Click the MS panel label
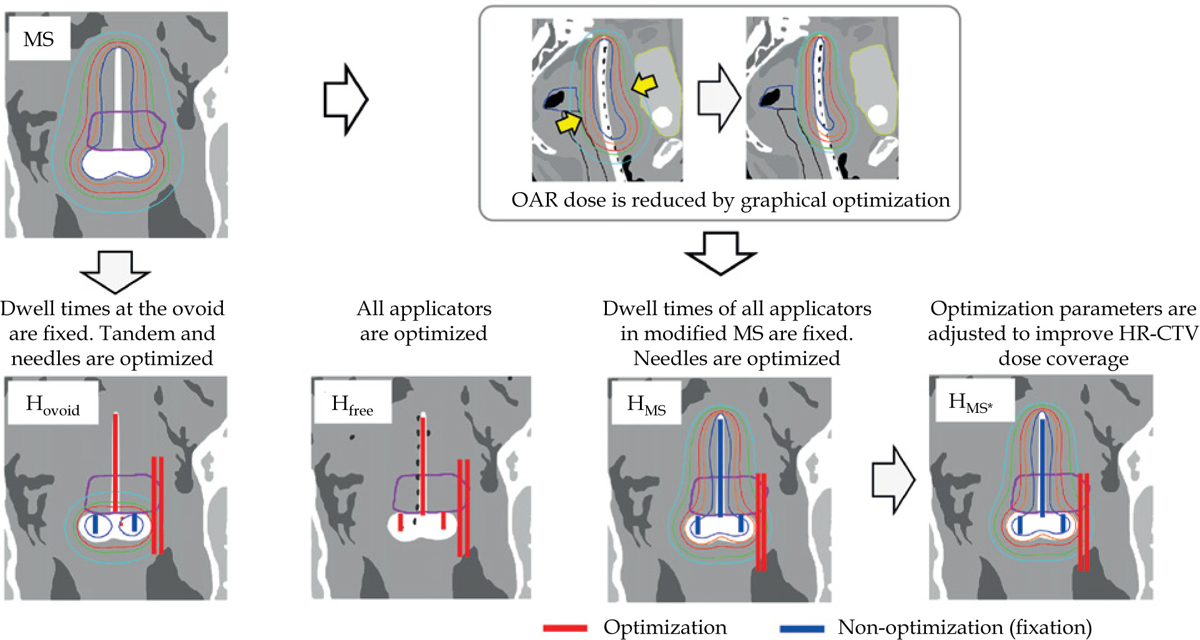coord(39,40)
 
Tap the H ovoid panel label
coord(53,405)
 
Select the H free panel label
coord(352,405)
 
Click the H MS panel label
coord(646,405)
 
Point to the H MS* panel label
coord(970,402)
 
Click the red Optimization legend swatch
coord(565,628)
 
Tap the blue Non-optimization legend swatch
coord(802,628)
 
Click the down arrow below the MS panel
coord(116,271)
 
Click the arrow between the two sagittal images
coord(719,98)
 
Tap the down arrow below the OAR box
coord(721,253)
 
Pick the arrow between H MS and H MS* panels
coord(893,480)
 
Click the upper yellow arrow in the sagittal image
coord(644,85)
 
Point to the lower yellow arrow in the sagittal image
coord(568,123)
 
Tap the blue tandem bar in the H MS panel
coord(720,468)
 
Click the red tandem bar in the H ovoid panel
coord(116,462)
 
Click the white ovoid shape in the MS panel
coord(117,165)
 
